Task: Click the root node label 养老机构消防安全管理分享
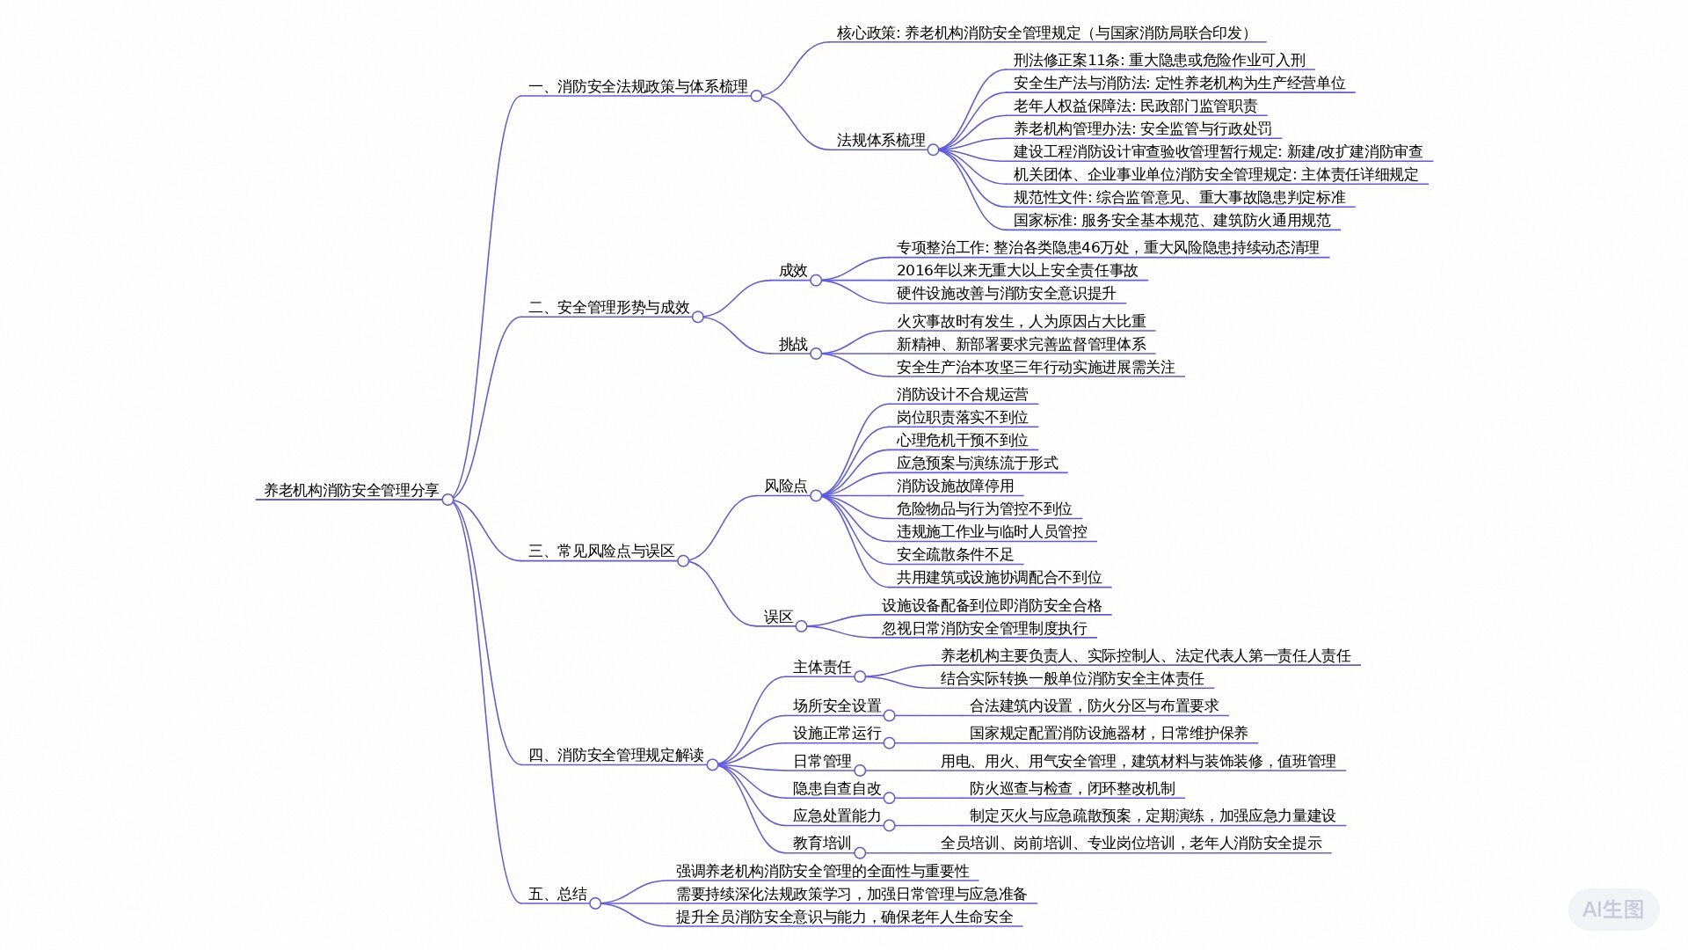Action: tap(352, 490)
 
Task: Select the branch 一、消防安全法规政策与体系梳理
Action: tap(637, 86)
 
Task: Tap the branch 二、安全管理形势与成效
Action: tap(608, 307)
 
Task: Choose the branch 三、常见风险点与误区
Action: tap(601, 551)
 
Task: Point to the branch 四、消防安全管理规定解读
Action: tap(615, 755)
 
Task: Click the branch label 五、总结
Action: tap(557, 894)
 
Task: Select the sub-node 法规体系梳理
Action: tap(880, 140)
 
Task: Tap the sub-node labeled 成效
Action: tap(792, 270)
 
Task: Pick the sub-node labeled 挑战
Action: tap(792, 344)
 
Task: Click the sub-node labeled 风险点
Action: tap(785, 486)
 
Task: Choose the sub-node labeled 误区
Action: tap(778, 617)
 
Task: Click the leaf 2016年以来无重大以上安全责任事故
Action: tap(1016, 270)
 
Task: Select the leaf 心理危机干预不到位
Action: tap(962, 440)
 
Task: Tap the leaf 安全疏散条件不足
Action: tap(955, 554)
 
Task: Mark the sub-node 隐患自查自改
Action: tap(836, 788)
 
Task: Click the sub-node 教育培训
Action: tap(822, 843)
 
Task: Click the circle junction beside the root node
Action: tap(447, 500)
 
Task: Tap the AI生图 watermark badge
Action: tap(1613, 909)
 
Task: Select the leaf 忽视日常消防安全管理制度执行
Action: tap(984, 628)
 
